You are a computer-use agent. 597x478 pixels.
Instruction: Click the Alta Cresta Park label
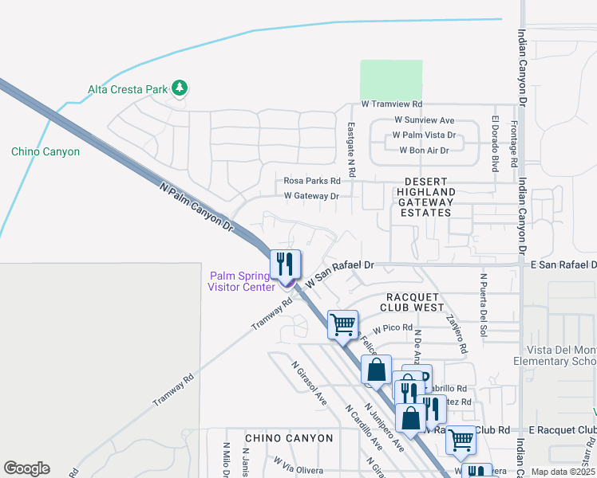pyautogui.click(x=127, y=89)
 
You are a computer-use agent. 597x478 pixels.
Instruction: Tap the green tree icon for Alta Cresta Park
pyautogui.click(x=180, y=88)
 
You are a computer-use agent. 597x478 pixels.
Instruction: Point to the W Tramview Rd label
pyautogui.click(x=391, y=104)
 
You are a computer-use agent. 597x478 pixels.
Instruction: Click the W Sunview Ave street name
pyautogui.click(x=424, y=120)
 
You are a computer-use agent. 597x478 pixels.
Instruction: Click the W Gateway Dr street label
pyautogui.click(x=311, y=195)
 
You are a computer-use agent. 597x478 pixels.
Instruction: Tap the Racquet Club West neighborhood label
pyautogui.click(x=412, y=301)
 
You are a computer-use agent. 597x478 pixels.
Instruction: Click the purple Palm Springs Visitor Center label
pyautogui.click(x=241, y=281)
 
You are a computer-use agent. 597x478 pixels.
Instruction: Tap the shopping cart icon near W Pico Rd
pyautogui.click(x=342, y=324)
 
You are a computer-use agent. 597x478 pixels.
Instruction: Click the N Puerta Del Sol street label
pyautogui.click(x=483, y=304)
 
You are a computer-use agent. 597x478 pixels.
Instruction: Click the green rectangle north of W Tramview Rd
pyautogui.click(x=391, y=79)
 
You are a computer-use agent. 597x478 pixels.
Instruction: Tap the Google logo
pyautogui.click(x=26, y=468)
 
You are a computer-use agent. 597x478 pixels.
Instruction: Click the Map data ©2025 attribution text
pyautogui.click(x=563, y=472)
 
